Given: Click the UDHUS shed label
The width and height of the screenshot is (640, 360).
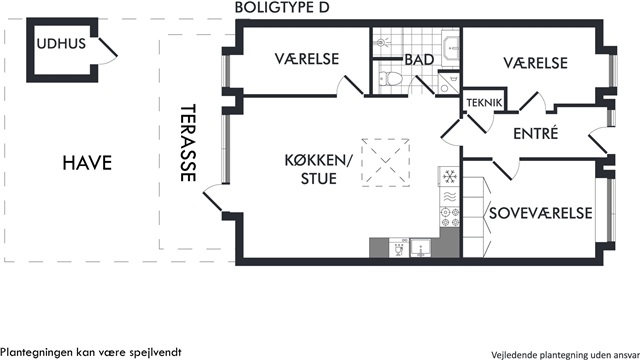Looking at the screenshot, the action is pyautogui.click(x=61, y=44).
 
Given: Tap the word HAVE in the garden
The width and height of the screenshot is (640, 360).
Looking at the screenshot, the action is pyautogui.click(x=87, y=163).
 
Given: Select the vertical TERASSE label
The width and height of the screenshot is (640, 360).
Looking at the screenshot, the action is pyautogui.click(x=188, y=142).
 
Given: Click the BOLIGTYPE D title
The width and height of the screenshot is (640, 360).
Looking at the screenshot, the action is pyautogui.click(x=282, y=7).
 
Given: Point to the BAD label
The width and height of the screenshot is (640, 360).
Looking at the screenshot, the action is pyautogui.click(x=419, y=60).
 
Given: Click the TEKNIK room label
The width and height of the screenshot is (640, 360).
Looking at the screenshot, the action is pyautogui.click(x=484, y=103).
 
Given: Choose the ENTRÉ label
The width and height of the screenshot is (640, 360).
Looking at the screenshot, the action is pyautogui.click(x=536, y=133).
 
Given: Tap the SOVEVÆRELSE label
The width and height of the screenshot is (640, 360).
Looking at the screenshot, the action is pyautogui.click(x=540, y=213).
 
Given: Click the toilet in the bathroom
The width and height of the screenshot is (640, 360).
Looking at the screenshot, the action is pyautogui.click(x=390, y=78).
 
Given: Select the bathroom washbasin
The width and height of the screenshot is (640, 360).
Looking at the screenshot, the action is pyautogui.click(x=451, y=48).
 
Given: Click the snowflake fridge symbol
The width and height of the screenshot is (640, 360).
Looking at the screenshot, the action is pyautogui.click(x=449, y=177).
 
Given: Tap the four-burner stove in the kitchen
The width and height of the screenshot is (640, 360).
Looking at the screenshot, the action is pyautogui.click(x=449, y=217).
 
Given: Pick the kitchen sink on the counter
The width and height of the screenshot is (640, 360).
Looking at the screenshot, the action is pyautogui.click(x=420, y=248).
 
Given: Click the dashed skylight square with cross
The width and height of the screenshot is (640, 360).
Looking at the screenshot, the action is pyautogui.click(x=385, y=162).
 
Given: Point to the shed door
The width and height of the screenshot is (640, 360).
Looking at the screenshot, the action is pyautogui.click(x=108, y=51).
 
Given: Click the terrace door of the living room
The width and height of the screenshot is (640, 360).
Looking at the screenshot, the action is pyautogui.click(x=214, y=198).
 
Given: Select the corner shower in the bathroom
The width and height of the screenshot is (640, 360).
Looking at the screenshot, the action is pyautogui.click(x=449, y=83).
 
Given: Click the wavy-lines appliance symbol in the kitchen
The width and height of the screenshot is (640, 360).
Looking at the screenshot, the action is pyautogui.click(x=449, y=197).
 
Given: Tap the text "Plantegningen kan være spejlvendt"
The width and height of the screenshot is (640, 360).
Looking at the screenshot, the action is pyautogui.click(x=91, y=352).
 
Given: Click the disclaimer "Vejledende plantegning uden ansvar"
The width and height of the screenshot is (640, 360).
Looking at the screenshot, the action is pyautogui.click(x=565, y=355).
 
